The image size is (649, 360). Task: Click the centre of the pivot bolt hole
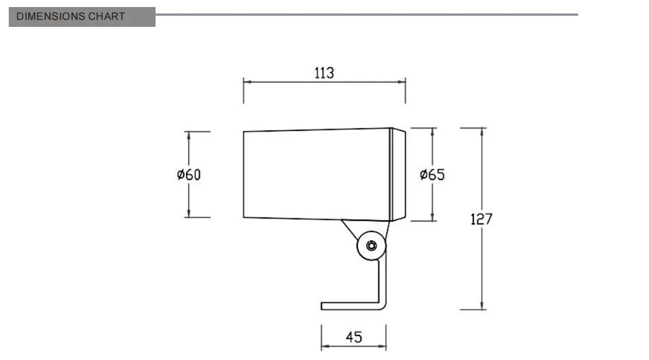click(371, 246)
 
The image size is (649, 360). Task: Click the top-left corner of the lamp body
click(243, 131)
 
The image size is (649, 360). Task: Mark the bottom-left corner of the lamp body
click(243, 217)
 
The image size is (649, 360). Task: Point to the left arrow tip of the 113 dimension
click(244, 82)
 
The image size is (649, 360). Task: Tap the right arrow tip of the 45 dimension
click(386, 346)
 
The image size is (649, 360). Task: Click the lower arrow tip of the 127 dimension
click(482, 309)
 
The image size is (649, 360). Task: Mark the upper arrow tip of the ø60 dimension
click(189, 132)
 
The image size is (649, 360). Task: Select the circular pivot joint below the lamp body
click(371, 246)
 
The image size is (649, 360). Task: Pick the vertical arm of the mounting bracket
click(382, 281)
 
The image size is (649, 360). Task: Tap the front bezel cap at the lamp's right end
click(398, 174)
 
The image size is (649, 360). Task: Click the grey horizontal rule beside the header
click(367, 15)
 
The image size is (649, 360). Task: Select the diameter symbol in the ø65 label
click(423, 175)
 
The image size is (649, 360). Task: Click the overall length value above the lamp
click(324, 73)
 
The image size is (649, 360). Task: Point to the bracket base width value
click(354, 337)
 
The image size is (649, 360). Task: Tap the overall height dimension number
click(481, 219)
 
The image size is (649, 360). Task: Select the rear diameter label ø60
click(189, 175)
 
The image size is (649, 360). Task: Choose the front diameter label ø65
click(432, 175)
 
